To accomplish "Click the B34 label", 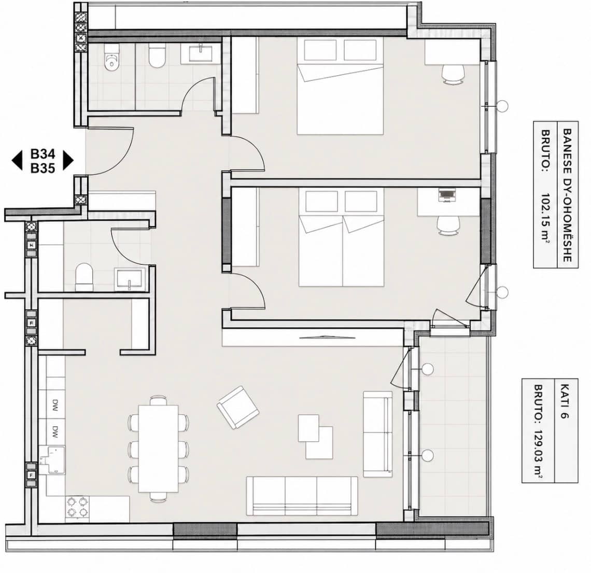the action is (x=43, y=154).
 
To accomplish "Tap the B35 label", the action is (x=43, y=168).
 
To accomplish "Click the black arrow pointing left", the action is (x=17, y=161).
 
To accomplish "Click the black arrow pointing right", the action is (x=68, y=161).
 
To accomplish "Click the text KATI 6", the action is (x=564, y=401).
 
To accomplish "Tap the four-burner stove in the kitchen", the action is (x=77, y=507).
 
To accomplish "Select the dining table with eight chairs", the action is (x=158, y=449).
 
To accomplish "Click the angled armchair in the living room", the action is (x=238, y=408).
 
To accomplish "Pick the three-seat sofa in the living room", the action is (x=302, y=496).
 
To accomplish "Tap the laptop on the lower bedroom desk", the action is (x=447, y=196).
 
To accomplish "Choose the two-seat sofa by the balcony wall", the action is (x=377, y=434).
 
